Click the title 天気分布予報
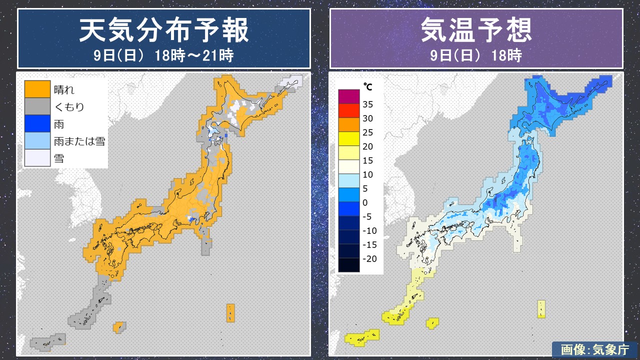point(164,31)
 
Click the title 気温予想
point(476,31)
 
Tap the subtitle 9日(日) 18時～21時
point(164,55)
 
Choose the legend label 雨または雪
point(79,141)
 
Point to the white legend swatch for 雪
point(37,158)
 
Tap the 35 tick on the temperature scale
point(368,104)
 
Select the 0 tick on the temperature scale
point(365,202)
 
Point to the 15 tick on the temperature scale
point(368,160)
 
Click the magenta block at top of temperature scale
point(348,96)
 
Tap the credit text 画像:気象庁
point(594,349)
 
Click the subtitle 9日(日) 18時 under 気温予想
point(476,55)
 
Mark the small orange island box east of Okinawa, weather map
point(119,327)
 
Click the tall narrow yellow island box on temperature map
point(541,309)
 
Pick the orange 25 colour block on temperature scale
point(348,124)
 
